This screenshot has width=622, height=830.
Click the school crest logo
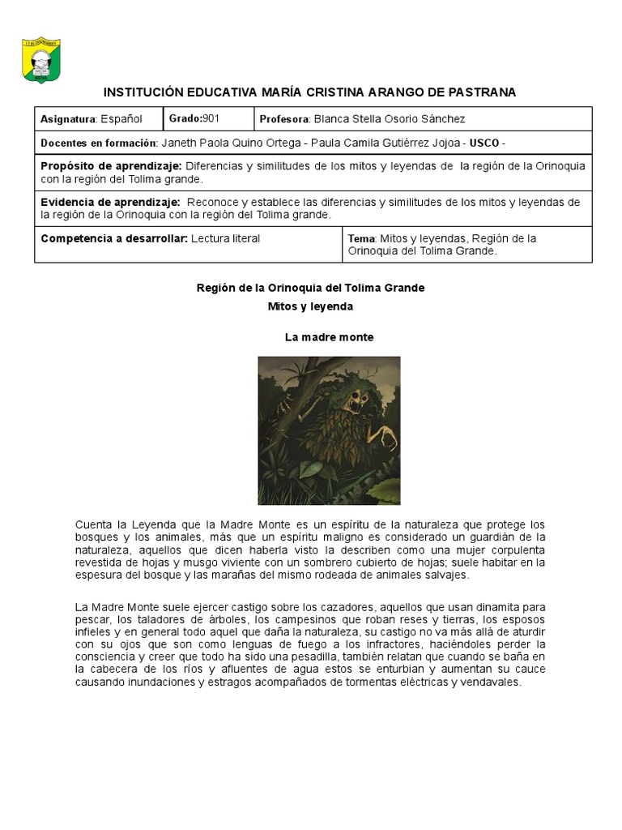click(41, 60)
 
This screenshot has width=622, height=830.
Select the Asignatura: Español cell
click(92, 119)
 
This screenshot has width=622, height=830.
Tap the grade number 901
click(211, 118)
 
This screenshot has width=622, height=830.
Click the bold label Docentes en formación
click(98, 143)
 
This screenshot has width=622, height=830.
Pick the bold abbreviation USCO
click(484, 143)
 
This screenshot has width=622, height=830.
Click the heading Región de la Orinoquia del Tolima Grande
click(311, 288)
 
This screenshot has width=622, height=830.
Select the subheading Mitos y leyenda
click(311, 306)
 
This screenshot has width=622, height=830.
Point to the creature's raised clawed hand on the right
click(390, 439)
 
